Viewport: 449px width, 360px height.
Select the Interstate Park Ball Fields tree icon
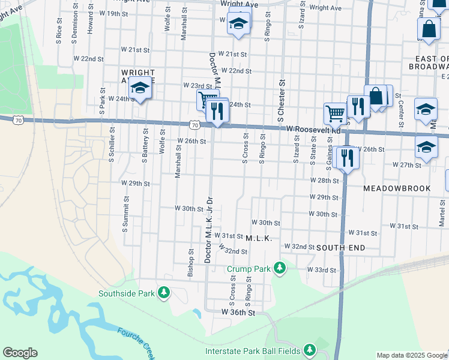coord(309,349)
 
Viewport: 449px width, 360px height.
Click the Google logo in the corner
coord(20,353)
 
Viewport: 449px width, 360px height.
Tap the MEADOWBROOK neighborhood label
coord(397,188)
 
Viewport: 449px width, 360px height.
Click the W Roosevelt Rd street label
coord(313,129)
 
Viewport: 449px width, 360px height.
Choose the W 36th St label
coord(238,313)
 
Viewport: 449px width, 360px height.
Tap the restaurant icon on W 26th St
coord(347,157)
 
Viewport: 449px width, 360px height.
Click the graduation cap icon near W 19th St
coord(238,24)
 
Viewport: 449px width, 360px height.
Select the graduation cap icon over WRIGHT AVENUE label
coord(140,89)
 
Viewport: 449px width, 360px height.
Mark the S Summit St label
coord(125,214)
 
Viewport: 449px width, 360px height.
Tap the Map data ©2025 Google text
coord(412,355)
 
